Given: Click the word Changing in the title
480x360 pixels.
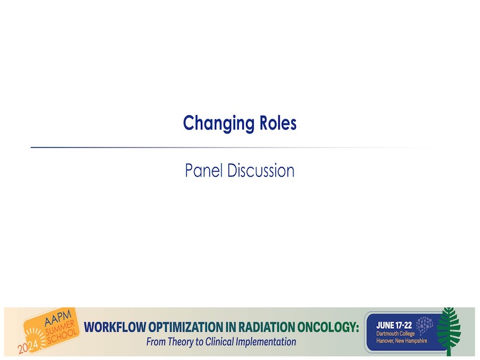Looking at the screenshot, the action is (x=218, y=124).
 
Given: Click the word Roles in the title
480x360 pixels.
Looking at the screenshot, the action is (x=278, y=123).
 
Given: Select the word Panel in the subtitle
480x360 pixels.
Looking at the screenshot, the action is (x=203, y=170).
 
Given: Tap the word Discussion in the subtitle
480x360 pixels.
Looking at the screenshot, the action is (x=261, y=170).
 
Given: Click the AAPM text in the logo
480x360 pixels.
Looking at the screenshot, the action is (x=58, y=319).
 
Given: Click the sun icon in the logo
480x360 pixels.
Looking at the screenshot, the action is (x=35, y=336).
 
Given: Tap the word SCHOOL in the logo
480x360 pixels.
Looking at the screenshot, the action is (x=62, y=337).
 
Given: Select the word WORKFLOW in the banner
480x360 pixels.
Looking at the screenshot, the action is (x=115, y=327).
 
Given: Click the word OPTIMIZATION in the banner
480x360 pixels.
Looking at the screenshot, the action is (x=186, y=327).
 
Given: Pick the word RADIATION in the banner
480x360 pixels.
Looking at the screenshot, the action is (x=265, y=327).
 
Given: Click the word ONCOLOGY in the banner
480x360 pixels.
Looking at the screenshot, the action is (x=327, y=327).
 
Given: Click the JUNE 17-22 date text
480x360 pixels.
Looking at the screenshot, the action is (x=394, y=325).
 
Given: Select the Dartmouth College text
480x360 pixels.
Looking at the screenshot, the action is (x=395, y=334).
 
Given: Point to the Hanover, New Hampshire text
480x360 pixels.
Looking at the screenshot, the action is (x=401, y=341).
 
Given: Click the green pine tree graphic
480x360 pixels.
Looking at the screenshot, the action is (x=449, y=331).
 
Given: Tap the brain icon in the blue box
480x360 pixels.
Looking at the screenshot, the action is (x=425, y=325).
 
